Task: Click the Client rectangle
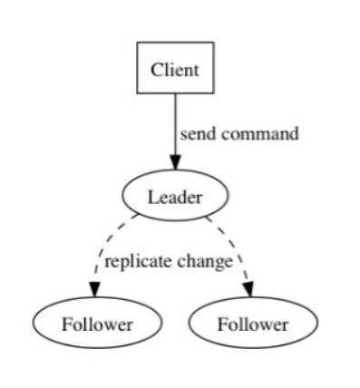(x=175, y=69)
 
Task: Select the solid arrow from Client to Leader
(x=175, y=127)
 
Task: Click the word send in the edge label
(x=197, y=134)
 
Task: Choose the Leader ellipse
(x=175, y=194)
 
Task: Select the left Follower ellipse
(x=96, y=323)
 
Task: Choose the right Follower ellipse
(x=253, y=323)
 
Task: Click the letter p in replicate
(x=130, y=264)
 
